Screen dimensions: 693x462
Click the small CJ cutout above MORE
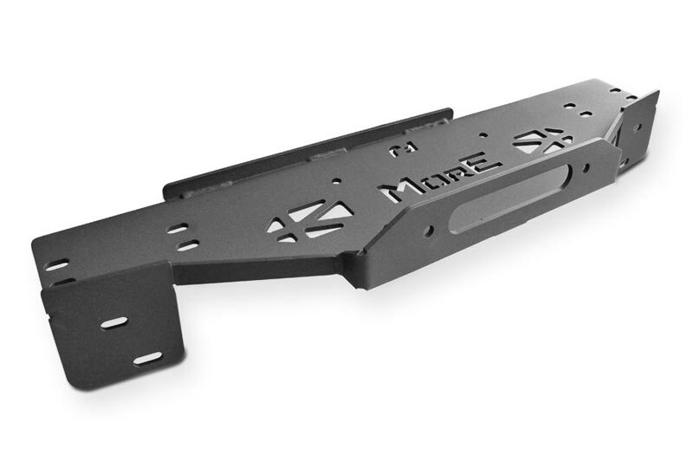pos(399,149)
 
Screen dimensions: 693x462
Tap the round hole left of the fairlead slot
pos(429,231)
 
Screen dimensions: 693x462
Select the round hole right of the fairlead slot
pos(587,167)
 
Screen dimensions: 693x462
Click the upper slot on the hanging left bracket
pos(114,322)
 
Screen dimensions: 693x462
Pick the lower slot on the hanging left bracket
pos(148,358)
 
